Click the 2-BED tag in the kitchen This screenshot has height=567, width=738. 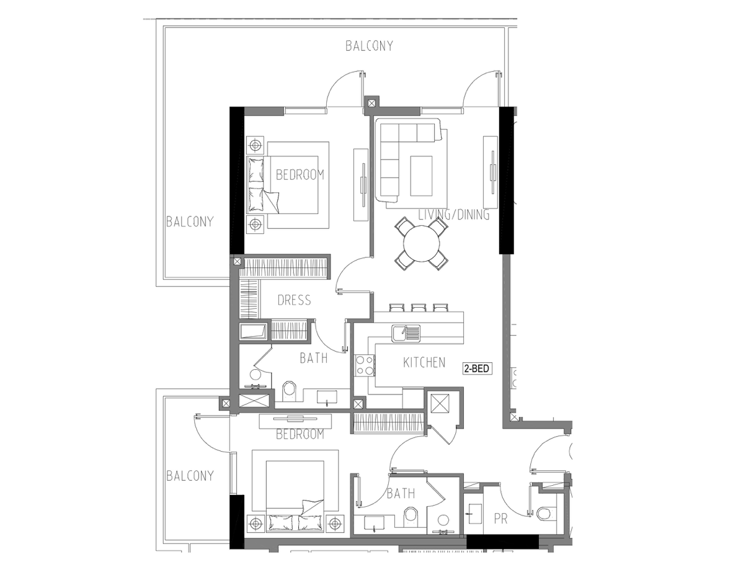tap(478, 368)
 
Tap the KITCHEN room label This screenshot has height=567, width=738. tap(424, 363)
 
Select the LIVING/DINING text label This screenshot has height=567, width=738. tap(454, 215)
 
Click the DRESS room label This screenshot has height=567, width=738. tap(294, 300)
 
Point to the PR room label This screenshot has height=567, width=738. tap(501, 519)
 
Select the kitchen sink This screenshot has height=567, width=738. tap(406, 333)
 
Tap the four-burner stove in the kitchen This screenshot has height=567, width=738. tap(365, 365)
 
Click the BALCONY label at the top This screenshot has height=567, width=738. tap(369, 46)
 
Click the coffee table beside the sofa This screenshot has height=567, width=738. tap(421, 176)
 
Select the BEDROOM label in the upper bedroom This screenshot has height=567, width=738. tap(300, 175)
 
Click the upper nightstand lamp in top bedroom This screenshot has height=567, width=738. tap(255, 146)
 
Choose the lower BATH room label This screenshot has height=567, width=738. tap(401, 494)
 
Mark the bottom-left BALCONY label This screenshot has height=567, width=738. tap(190, 476)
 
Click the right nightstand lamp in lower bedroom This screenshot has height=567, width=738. tap(334, 523)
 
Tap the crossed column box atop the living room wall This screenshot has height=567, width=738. tap(372, 102)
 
